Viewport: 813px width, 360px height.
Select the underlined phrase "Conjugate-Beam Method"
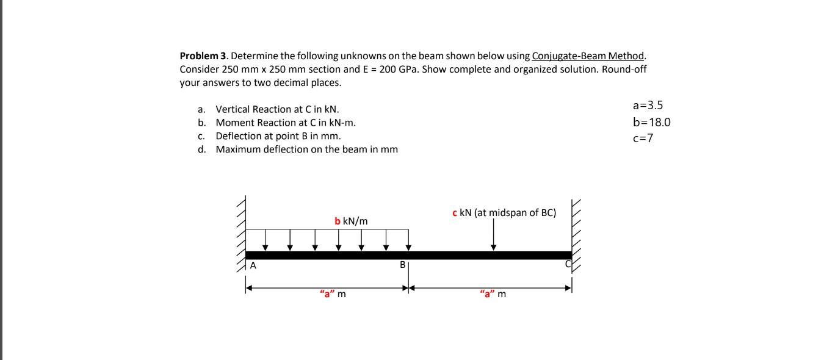tap(588, 56)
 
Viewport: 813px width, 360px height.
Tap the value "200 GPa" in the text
tap(397, 69)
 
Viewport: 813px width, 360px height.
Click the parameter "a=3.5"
tap(648, 106)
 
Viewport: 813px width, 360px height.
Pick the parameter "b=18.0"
tap(652, 122)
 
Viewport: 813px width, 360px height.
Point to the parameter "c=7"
tap(643, 138)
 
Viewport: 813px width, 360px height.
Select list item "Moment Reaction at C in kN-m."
tap(285, 123)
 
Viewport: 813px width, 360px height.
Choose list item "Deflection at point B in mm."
tap(278, 135)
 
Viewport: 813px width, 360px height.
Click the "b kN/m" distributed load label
tap(351, 220)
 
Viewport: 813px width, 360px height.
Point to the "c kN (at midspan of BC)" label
tap(504, 212)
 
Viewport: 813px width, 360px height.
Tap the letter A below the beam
tap(253, 265)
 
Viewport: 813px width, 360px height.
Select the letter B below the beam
tap(402, 265)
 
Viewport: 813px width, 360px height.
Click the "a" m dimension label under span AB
tap(333, 295)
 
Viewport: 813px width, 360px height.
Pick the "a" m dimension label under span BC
tap(493, 295)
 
